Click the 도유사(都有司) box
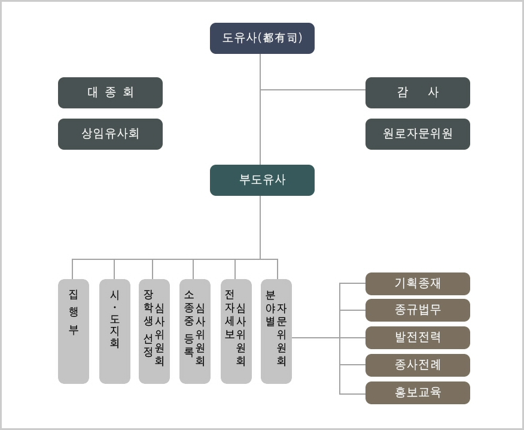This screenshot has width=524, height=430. (x=262, y=38)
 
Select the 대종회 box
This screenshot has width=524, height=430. (x=110, y=93)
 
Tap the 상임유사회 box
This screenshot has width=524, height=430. (x=110, y=134)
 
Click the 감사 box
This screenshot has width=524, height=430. (x=418, y=93)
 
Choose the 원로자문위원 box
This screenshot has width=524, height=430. (x=418, y=134)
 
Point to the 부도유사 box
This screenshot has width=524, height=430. (x=262, y=180)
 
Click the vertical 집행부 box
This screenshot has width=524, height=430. (x=73, y=331)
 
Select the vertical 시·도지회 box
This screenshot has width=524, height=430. (x=114, y=331)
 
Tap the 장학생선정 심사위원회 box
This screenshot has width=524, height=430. (x=154, y=331)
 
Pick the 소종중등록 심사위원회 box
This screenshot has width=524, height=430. (x=194, y=331)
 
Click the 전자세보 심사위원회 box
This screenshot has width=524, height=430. (x=236, y=331)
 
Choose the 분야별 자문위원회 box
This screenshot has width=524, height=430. (x=276, y=331)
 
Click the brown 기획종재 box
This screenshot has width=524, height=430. (x=418, y=283)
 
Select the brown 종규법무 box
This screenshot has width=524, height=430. (x=418, y=310)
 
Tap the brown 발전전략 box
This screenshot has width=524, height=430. (x=418, y=338)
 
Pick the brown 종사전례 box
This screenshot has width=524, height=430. (x=418, y=365)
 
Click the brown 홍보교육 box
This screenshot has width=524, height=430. (x=418, y=393)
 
